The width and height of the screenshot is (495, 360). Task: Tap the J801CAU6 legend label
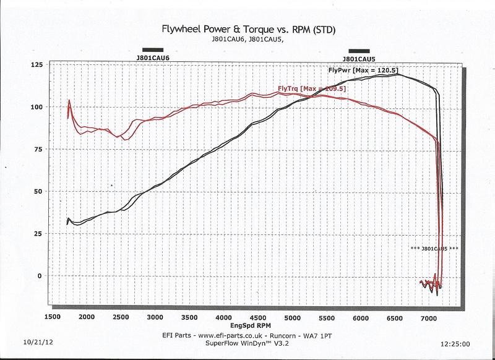[153, 58]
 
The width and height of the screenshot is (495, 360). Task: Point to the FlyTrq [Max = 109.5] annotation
[312, 88]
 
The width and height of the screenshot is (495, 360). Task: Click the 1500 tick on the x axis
[52, 317]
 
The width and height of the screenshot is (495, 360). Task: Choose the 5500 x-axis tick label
[326, 317]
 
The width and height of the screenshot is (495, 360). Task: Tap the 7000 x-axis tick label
[429, 317]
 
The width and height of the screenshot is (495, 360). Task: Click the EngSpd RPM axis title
[250, 325]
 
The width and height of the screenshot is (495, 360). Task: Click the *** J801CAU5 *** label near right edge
[434, 249]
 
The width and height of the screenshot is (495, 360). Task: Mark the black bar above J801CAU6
[153, 49]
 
